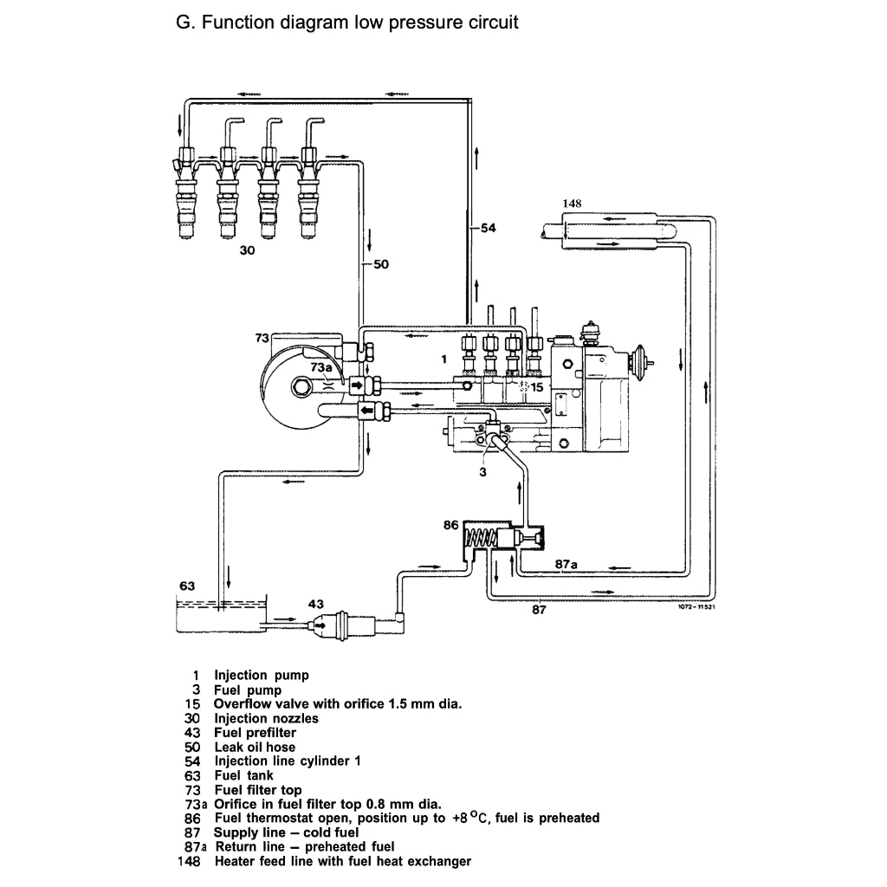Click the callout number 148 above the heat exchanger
[571, 204]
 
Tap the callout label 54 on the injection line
[489, 228]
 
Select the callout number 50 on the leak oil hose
[380, 264]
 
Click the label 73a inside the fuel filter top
[320, 368]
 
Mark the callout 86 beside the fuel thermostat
[450, 526]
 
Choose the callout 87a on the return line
[566, 564]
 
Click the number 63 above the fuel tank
[186, 586]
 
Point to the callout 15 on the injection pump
[536, 387]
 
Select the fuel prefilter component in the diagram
[342, 623]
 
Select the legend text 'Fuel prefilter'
[255, 733]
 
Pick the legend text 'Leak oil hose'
[255, 747]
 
